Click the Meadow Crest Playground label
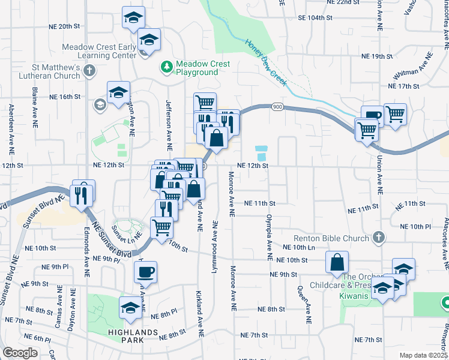(196, 68)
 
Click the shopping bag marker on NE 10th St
(337, 262)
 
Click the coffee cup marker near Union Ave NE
(372, 116)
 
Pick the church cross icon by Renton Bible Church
(378, 238)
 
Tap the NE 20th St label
(65, 26)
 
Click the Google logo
(20, 353)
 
